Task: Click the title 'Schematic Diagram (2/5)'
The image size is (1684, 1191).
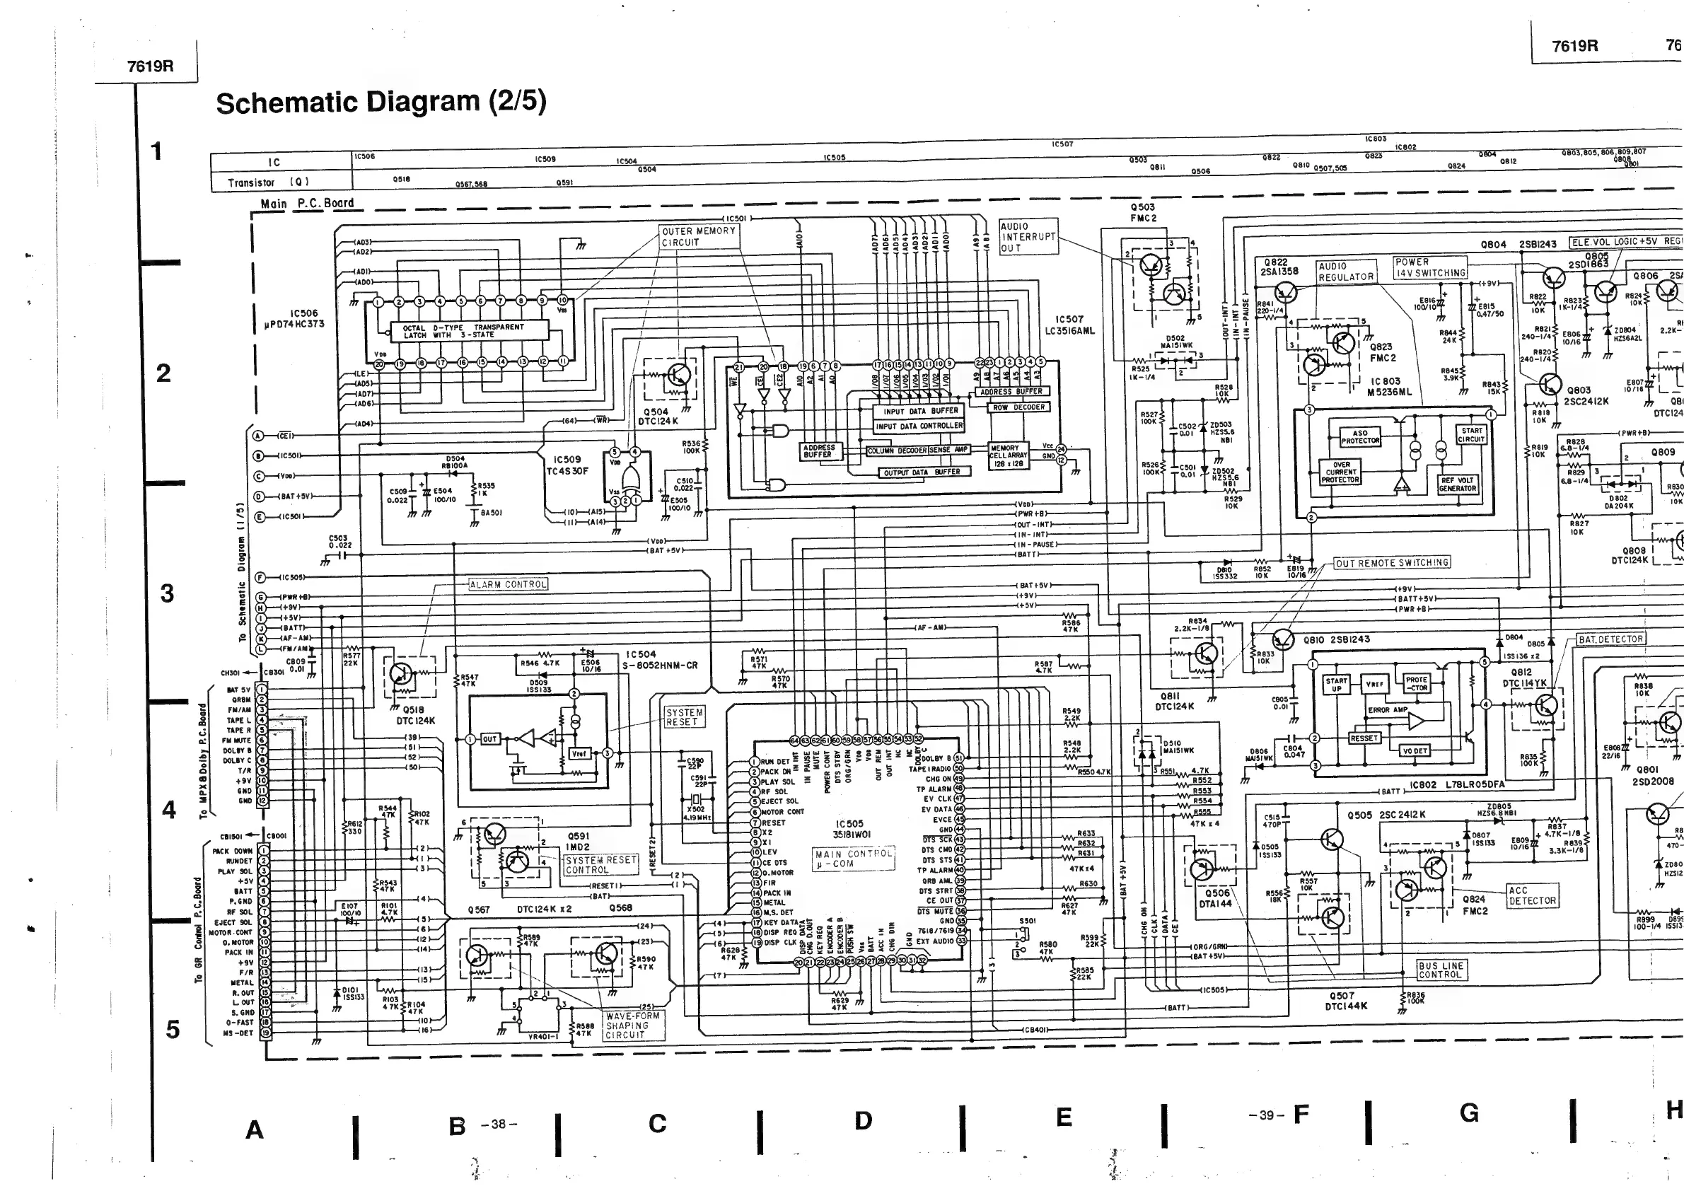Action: [x=381, y=103]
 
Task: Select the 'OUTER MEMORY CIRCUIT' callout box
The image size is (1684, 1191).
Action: [x=698, y=236]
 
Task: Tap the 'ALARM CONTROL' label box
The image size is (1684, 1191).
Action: [x=509, y=584]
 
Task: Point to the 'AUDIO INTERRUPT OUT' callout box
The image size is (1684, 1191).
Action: [x=1028, y=237]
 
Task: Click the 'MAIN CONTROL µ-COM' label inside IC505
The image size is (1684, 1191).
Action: [x=854, y=859]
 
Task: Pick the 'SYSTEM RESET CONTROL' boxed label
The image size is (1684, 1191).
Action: [x=600, y=865]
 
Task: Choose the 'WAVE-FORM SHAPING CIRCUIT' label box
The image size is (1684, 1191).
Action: [x=634, y=1026]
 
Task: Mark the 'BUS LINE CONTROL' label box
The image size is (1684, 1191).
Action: [x=1441, y=970]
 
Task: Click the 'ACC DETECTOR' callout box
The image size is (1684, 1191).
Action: [x=1532, y=895]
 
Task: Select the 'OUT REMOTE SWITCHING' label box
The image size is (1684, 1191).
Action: [x=1392, y=562]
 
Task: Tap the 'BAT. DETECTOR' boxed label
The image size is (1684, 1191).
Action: [x=1610, y=639]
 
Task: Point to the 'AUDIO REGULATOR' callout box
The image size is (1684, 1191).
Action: [x=1346, y=272]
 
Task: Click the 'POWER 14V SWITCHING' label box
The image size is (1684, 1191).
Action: [x=1429, y=267]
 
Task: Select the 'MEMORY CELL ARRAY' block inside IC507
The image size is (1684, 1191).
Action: [x=1006, y=455]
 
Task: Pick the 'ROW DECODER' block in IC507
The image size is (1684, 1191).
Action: [x=1019, y=407]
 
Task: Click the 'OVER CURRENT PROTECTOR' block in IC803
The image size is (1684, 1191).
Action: [x=1341, y=472]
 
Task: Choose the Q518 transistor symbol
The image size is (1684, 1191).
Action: [x=402, y=674]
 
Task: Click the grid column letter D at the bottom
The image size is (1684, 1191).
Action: [x=864, y=1120]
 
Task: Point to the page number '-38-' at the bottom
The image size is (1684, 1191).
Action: [x=499, y=1125]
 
